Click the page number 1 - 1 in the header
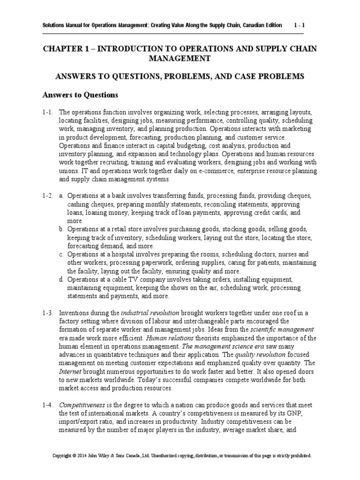pos(299,25)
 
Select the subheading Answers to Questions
pos(81,95)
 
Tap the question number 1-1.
pos(48,112)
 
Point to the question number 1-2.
pos(48,195)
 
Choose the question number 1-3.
pos(48,313)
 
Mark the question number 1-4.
pos(48,405)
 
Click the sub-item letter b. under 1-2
pos(61,229)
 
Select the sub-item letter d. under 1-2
pos(61,280)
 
